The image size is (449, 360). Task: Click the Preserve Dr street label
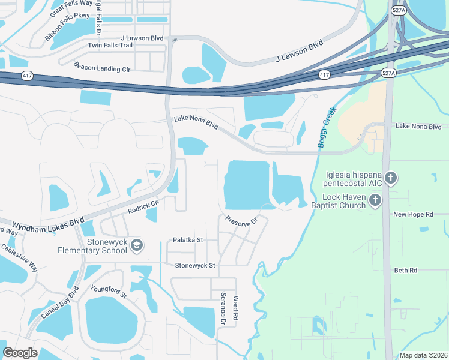[x=241, y=220]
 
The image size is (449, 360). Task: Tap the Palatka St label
[x=188, y=240]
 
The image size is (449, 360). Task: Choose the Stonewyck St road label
[x=194, y=265]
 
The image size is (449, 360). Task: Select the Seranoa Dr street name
[x=223, y=310]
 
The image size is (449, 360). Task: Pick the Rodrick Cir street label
[x=143, y=207]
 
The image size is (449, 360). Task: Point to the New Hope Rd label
[x=413, y=214]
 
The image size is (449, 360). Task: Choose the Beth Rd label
[x=405, y=271]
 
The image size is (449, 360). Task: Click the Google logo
[x=20, y=353]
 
